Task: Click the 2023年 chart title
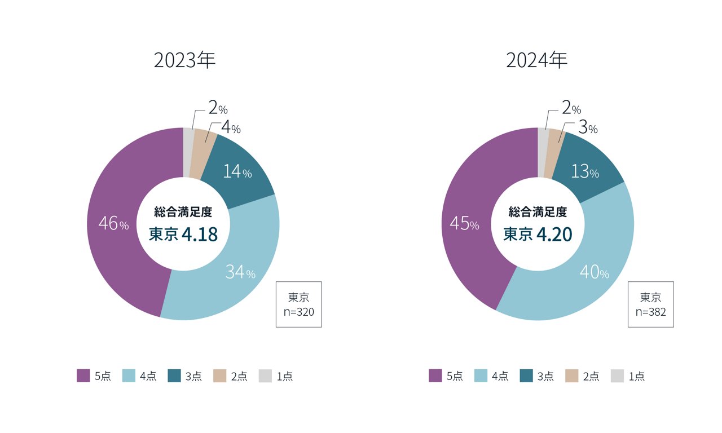[x=184, y=60]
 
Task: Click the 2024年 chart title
[x=536, y=60]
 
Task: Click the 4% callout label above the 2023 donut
[x=231, y=128]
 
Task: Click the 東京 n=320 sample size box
[x=298, y=304]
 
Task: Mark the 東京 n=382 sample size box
[x=651, y=304]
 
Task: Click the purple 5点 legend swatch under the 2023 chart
[x=83, y=376]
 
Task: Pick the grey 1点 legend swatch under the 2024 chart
[x=618, y=376]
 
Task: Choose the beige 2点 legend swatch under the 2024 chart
[x=572, y=376]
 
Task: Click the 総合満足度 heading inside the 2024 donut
[x=538, y=212]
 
